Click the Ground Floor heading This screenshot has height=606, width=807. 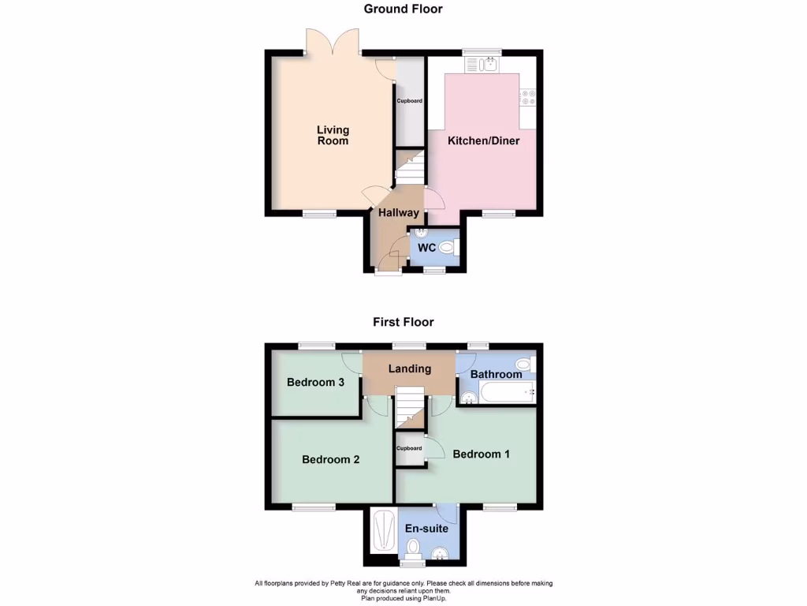[403, 9]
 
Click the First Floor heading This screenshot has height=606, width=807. [403, 322]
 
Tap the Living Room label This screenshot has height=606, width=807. [333, 135]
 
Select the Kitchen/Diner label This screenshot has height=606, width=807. [483, 141]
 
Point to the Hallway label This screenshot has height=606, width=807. [398, 213]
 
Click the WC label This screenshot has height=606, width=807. [426, 248]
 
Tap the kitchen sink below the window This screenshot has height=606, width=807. [482, 63]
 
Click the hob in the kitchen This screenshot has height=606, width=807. [527, 98]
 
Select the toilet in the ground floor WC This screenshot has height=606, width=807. [449, 248]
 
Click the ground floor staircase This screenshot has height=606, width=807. [409, 167]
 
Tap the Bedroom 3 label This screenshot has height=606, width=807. [315, 383]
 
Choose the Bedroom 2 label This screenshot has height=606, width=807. [330, 459]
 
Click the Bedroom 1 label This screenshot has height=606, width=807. [481, 454]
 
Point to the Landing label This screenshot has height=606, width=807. [409, 368]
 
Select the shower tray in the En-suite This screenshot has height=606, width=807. [384, 531]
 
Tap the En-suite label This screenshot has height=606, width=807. [426, 529]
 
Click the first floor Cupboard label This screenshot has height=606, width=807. [409, 448]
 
